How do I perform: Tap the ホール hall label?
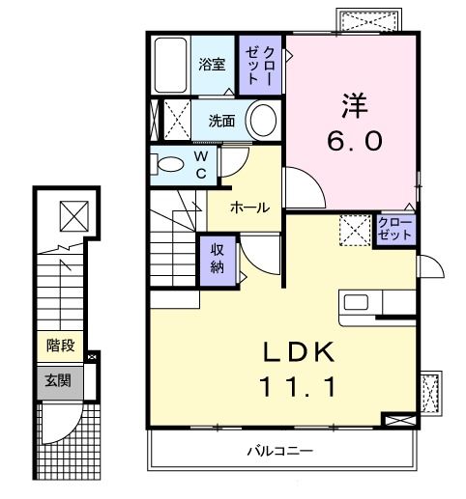(x=249, y=208)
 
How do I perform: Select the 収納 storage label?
(x=218, y=259)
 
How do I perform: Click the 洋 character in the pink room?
(x=351, y=102)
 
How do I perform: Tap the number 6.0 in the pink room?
(x=353, y=141)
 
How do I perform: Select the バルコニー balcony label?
(x=278, y=450)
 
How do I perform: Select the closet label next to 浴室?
(x=260, y=66)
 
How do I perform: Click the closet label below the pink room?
(x=395, y=231)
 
